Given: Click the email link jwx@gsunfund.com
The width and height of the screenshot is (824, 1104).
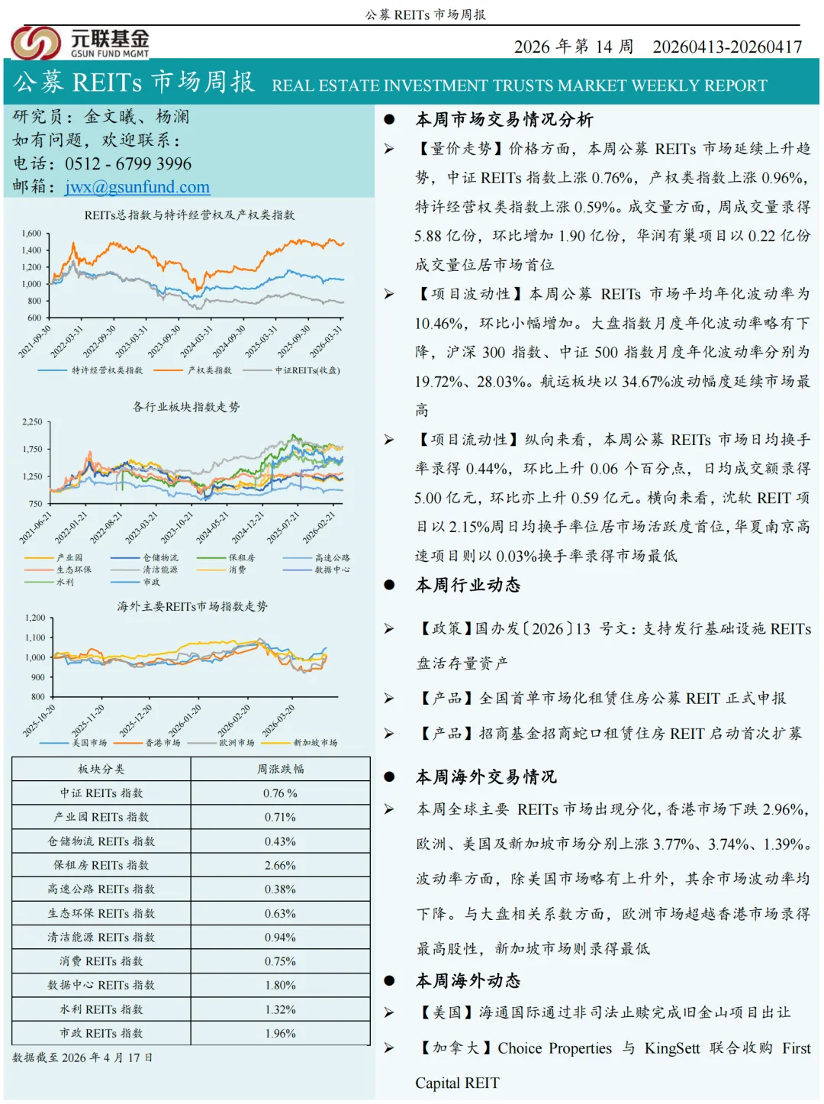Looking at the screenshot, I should [137, 187].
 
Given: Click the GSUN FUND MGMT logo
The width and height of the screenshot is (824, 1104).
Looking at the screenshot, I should [80, 43].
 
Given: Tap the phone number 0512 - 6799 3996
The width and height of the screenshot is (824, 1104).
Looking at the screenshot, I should [128, 163].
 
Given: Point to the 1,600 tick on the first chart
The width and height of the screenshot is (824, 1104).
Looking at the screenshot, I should [31, 234].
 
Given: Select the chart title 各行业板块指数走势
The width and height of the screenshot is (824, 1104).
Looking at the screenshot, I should [186, 407].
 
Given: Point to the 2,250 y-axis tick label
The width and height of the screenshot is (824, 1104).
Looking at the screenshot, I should [32, 421].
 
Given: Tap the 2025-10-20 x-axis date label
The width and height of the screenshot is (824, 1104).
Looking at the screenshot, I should [40, 721].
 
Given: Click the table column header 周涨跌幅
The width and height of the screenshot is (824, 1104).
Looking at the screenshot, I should [280, 769].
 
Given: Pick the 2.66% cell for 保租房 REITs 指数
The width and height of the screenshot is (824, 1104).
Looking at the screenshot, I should [280, 865].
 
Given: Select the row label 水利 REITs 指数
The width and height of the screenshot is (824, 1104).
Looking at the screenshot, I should [101, 1009].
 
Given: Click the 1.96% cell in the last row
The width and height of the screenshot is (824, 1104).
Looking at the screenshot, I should [280, 1033].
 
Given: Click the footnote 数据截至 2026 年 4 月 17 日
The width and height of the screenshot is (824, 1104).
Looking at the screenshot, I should [82, 1057].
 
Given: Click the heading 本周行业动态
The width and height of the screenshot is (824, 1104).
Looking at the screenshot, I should [468, 585].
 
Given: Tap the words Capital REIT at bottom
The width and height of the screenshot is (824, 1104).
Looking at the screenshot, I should [457, 1083].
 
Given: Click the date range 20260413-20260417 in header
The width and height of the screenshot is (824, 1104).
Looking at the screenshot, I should [727, 47].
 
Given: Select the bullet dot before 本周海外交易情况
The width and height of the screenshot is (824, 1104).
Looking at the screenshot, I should [389, 776].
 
